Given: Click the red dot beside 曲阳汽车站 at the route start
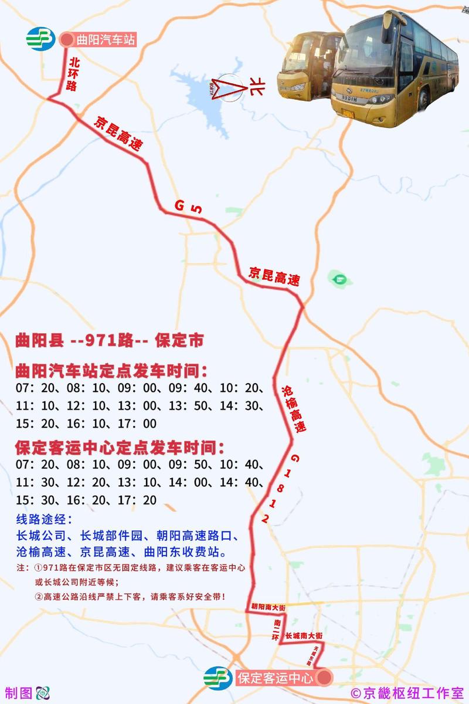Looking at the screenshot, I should click(x=67, y=40).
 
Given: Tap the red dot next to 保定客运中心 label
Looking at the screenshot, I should click(x=324, y=678).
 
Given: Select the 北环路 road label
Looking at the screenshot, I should click(x=73, y=73).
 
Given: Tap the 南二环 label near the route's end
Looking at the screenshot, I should click(x=277, y=629).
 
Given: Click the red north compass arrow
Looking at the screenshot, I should click(x=226, y=88).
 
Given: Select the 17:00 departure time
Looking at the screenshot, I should click(x=141, y=424).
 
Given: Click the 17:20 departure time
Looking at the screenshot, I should click(x=141, y=500).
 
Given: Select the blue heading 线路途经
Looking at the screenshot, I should click(x=44, y=520).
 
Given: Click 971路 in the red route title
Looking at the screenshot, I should click(x=106, y=341).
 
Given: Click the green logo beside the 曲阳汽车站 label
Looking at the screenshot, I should click(x=40, y=39).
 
